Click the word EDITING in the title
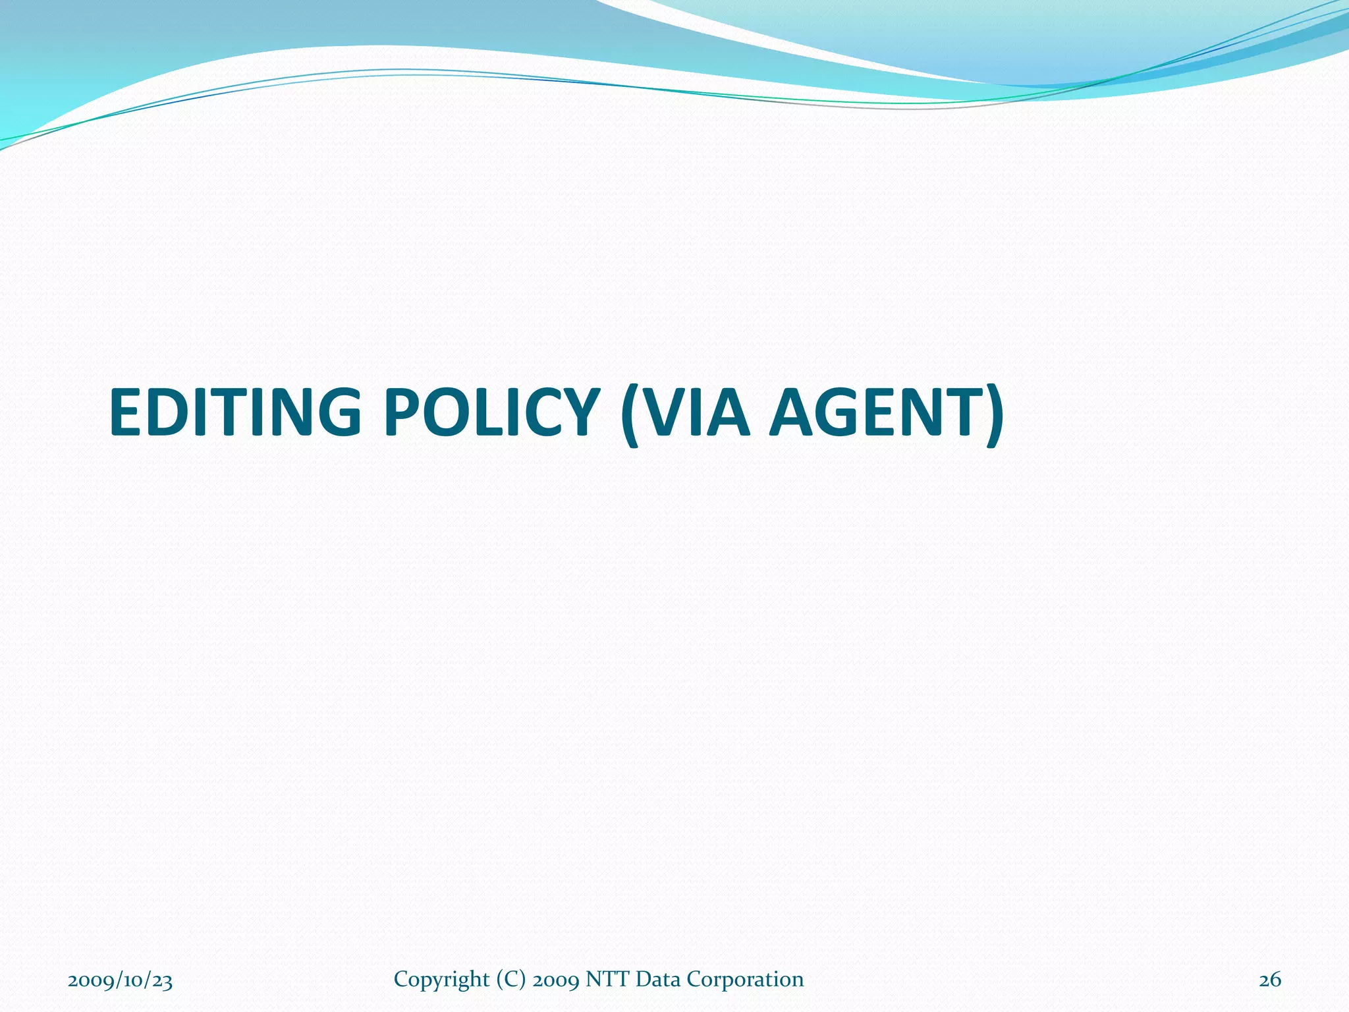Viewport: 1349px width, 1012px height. click(235, 412)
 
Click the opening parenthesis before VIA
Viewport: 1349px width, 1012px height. click(630, 415)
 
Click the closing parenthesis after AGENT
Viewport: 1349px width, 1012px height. click(993, 415)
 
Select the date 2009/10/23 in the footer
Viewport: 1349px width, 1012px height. click(120, 980)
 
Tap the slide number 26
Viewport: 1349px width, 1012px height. click(1270, 980)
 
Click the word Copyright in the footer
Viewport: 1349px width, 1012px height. click(441, 980)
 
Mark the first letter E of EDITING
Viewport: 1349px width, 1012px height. click(128, 412)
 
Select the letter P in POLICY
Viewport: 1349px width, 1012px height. click(403, 412)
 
